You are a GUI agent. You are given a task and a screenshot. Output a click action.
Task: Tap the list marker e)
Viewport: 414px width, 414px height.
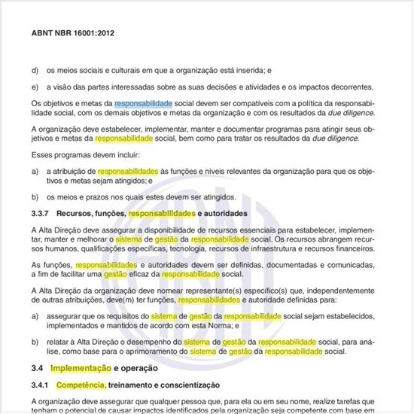[35, 86]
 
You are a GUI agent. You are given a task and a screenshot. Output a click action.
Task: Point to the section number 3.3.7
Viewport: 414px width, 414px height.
[42, 214]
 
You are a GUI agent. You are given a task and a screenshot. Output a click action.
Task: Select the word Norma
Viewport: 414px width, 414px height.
[229, 326]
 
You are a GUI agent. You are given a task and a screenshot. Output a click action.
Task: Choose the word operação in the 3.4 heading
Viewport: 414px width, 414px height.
[139, 369]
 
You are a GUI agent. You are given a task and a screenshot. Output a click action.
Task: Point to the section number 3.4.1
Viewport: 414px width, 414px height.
[42, 385]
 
